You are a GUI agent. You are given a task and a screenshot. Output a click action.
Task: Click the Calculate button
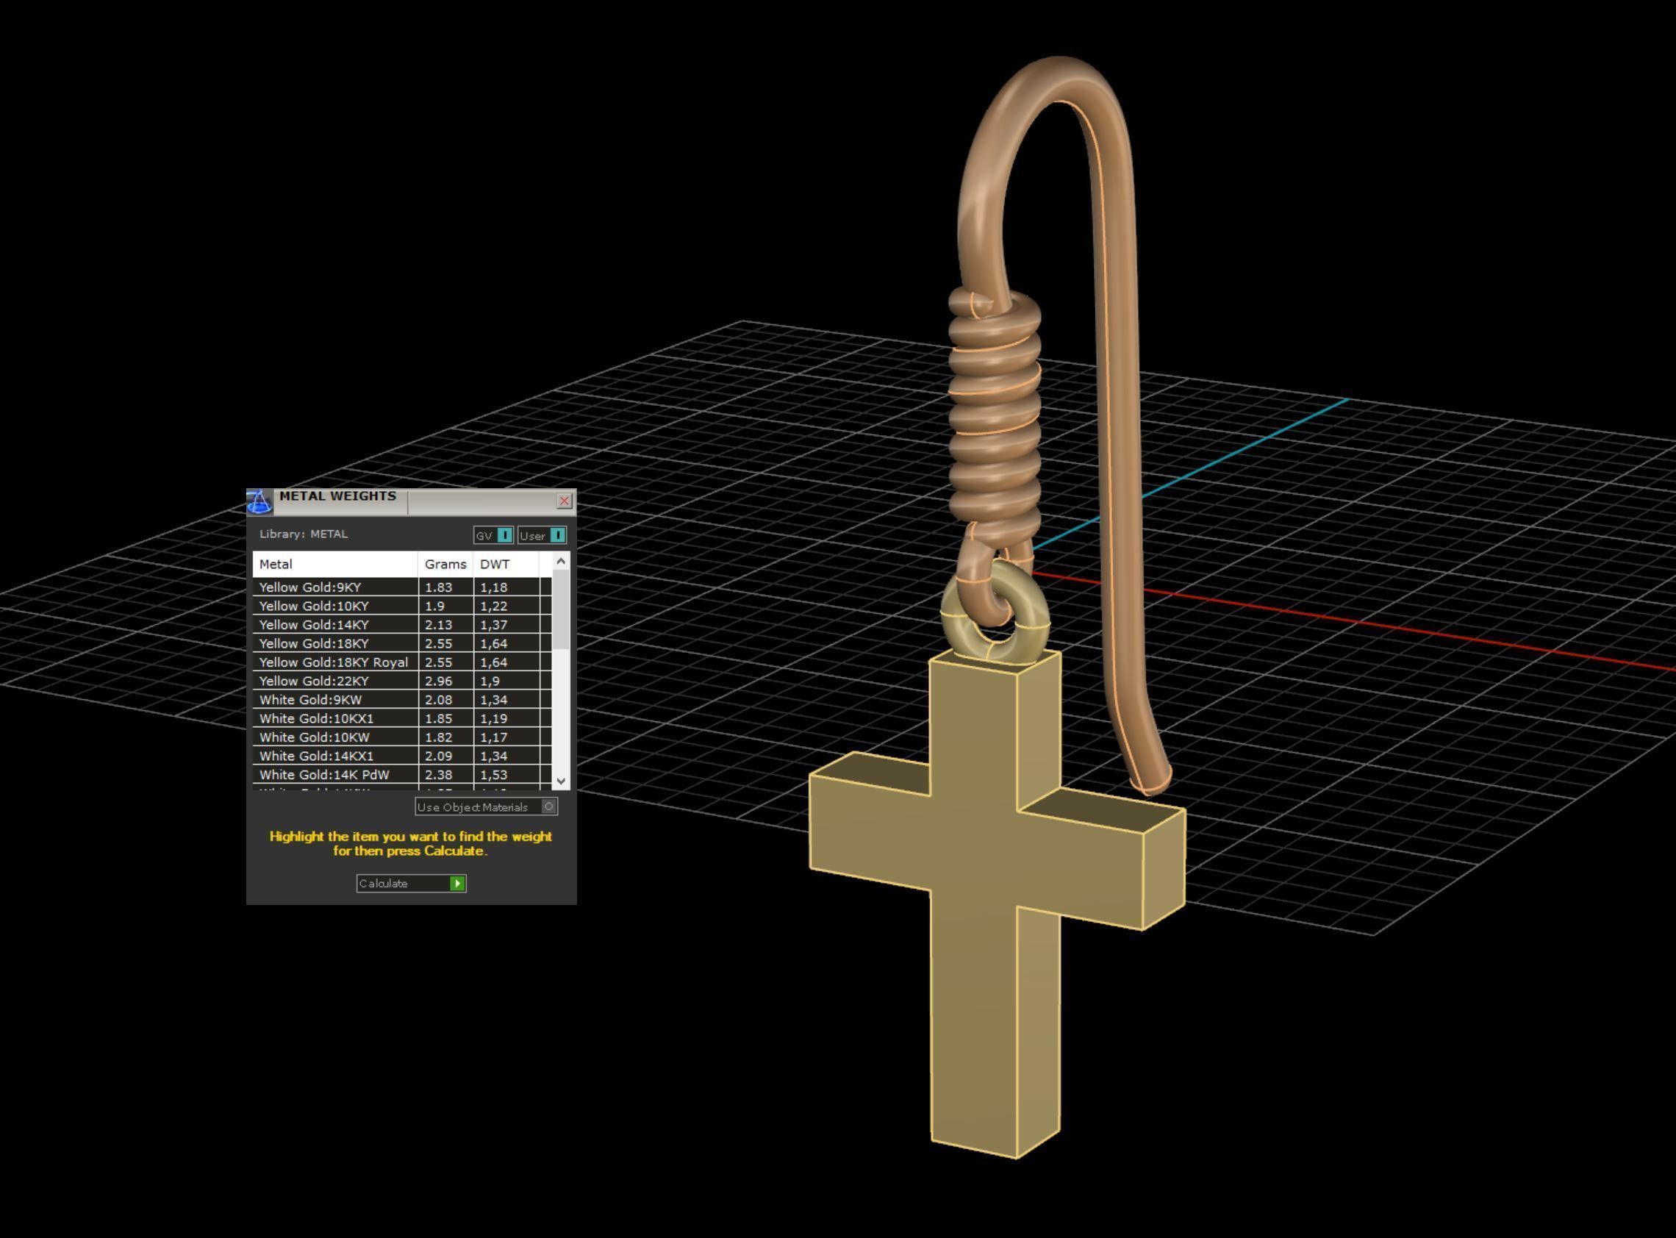[411, 884]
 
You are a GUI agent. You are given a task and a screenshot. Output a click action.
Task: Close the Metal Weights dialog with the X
[564, 501]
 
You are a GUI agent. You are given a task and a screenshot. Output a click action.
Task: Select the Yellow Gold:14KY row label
[314, 624]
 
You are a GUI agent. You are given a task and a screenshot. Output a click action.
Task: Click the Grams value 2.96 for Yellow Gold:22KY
[438, 681]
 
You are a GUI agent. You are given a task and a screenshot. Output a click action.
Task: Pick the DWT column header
[495, 564]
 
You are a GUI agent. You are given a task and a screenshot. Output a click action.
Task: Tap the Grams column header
[445, 564]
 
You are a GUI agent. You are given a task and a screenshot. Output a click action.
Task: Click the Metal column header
[276, 564]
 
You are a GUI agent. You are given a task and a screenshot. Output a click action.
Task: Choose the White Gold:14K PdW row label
[324, 774]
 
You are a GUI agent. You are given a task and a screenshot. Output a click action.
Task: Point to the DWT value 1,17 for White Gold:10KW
[494, 737]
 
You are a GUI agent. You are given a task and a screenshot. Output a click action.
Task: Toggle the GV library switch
[504, 535]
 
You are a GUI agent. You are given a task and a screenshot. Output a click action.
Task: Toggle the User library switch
[557, 535]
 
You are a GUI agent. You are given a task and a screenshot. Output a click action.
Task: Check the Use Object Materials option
[548, 806]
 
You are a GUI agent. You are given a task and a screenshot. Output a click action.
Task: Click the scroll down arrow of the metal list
[560, 781]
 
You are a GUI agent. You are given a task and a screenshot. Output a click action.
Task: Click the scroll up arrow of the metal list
[560, 560]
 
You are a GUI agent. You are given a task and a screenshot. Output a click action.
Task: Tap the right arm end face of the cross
[1163, 869]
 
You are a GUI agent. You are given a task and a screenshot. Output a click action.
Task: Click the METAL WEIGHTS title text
[337, 496]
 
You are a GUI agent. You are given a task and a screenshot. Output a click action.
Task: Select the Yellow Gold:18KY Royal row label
[334, 662]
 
